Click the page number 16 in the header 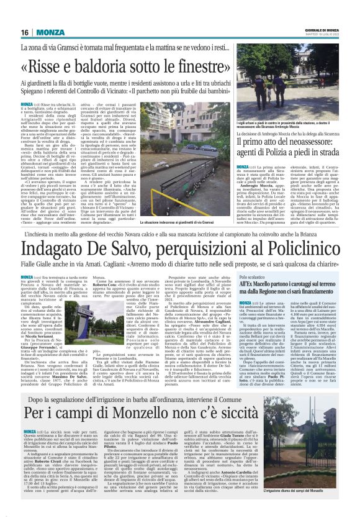coord(25,32)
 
